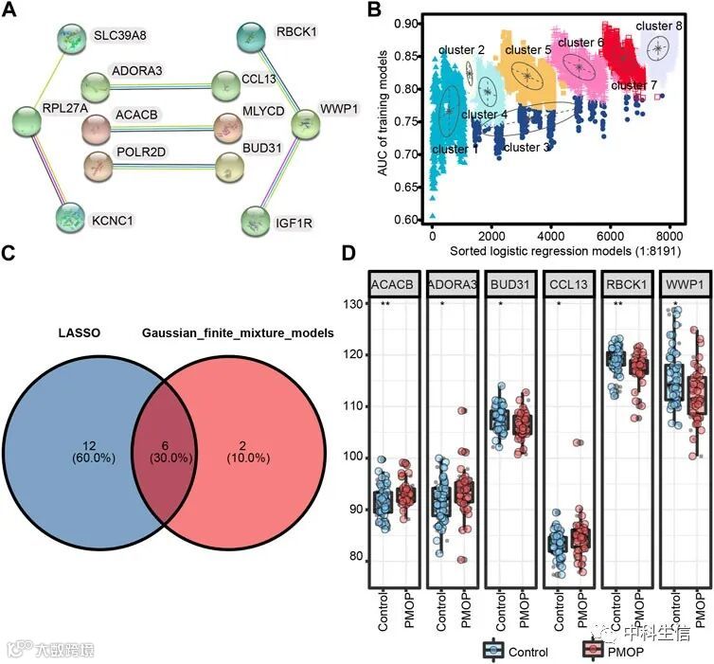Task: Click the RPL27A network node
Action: tap(27, 121)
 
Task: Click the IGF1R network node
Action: tap(255, 222)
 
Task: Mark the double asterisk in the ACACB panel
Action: tap(385, 303)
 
